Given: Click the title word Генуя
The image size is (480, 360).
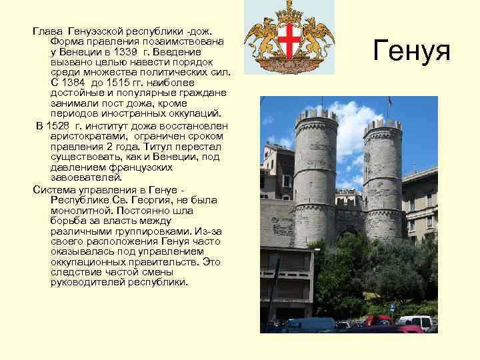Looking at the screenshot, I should pos(412,50).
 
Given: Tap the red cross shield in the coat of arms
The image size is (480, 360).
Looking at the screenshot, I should pos(289,42).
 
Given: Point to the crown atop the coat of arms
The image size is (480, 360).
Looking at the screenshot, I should pos(289,12).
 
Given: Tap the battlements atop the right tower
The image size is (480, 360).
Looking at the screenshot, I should pos(383,126).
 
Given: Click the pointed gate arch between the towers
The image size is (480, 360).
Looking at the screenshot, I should pos(349,233).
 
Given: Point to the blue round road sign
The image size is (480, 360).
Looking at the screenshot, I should pos(392,307).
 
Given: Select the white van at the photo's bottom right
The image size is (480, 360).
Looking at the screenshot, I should pos(414,322).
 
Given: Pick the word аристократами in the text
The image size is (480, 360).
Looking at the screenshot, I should pos(83,136).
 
